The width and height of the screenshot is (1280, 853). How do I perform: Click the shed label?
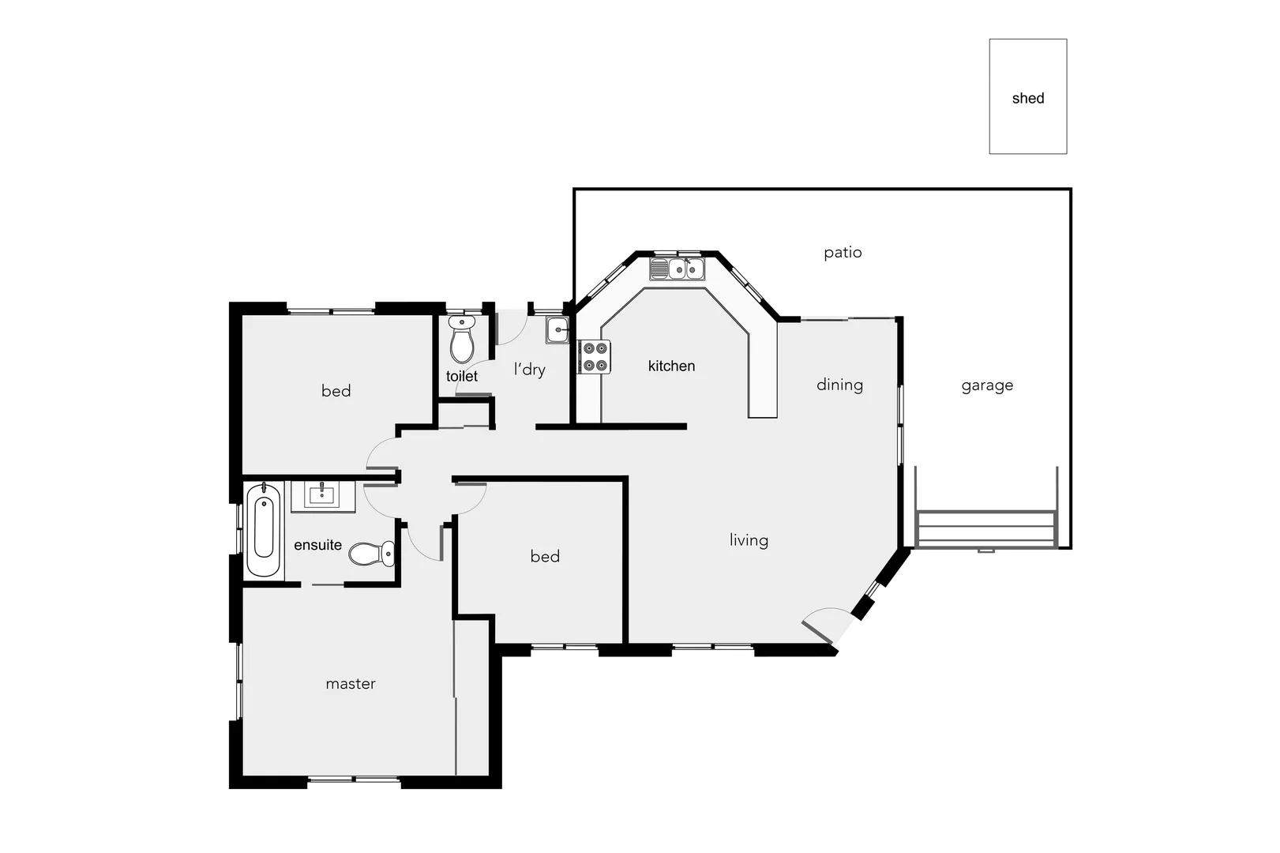1027,98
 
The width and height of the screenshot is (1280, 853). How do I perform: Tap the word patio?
843,253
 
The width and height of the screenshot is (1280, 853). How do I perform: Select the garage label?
987,385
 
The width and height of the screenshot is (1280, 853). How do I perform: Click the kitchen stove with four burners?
595,357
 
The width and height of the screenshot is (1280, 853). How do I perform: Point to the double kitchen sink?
678,269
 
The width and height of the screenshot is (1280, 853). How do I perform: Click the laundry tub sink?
557,330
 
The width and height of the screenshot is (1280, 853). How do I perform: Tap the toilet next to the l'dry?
462,340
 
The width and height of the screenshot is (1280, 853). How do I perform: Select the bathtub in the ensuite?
263,532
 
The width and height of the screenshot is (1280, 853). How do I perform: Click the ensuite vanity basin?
322,496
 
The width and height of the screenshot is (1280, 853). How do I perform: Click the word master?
351,684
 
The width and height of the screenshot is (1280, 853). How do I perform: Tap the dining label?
839,385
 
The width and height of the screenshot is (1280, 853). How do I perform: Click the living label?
749,540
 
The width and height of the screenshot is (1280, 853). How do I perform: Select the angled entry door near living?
826,624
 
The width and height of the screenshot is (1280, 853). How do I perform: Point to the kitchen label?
671,366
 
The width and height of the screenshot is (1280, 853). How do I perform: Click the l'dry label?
530,369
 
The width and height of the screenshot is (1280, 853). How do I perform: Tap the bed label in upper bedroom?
336,391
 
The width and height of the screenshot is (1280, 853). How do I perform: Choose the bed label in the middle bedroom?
545,557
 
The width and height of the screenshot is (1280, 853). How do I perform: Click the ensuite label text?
317,545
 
